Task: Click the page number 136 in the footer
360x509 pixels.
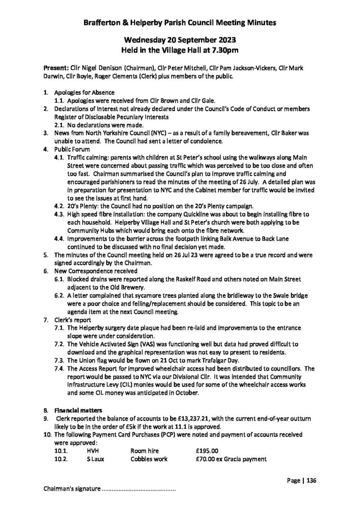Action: click(x=311, y=481)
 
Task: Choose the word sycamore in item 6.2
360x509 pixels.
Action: click(x=134, y=295)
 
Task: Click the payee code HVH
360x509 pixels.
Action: click(x=93, y=451)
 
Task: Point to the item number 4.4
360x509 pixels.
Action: click(x=59, y=239)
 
